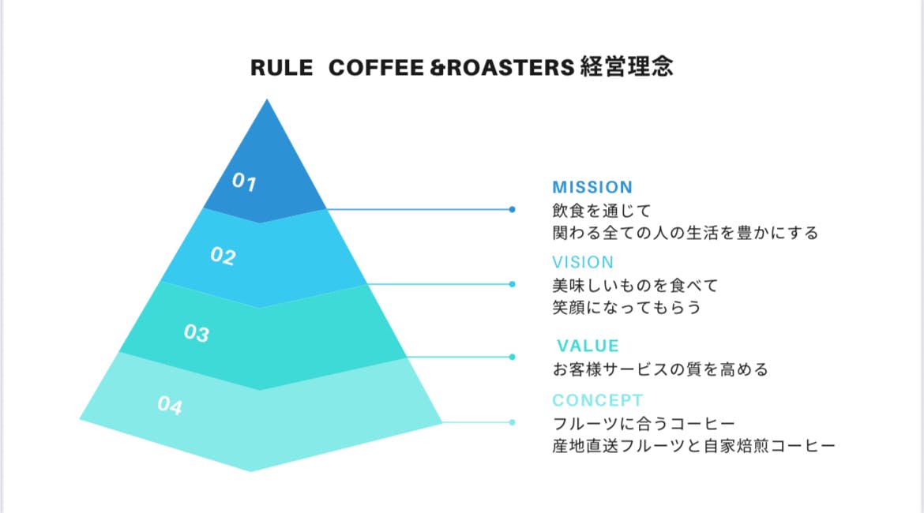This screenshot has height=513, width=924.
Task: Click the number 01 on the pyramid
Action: point(244,183)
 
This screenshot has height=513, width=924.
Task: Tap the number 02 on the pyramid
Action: point(223,256)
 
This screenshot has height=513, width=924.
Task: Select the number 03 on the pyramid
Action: point(196,333)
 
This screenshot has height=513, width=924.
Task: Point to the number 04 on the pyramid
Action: point(170,406)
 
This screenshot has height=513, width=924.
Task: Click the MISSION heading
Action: point(592,187)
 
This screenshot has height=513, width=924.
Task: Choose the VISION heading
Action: point(583,262)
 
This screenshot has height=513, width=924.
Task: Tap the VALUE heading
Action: point(588,346)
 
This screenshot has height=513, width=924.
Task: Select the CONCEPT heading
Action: point(598,400)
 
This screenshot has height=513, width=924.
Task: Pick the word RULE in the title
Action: point(276,68)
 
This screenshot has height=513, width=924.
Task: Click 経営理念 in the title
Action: point(626,67)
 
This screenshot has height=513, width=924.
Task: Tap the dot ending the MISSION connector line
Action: point(513,209)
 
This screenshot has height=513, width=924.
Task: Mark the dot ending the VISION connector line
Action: point(513,284)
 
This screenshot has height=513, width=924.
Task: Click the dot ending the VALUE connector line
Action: point(513,357)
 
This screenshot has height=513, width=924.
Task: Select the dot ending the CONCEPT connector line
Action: point(513,422)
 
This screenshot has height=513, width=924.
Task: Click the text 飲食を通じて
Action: point(601,211)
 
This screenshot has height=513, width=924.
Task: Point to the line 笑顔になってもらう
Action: point(626,307)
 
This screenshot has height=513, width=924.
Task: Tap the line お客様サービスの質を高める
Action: point(659,369)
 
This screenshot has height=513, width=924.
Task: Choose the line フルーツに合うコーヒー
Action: point(644,424)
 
